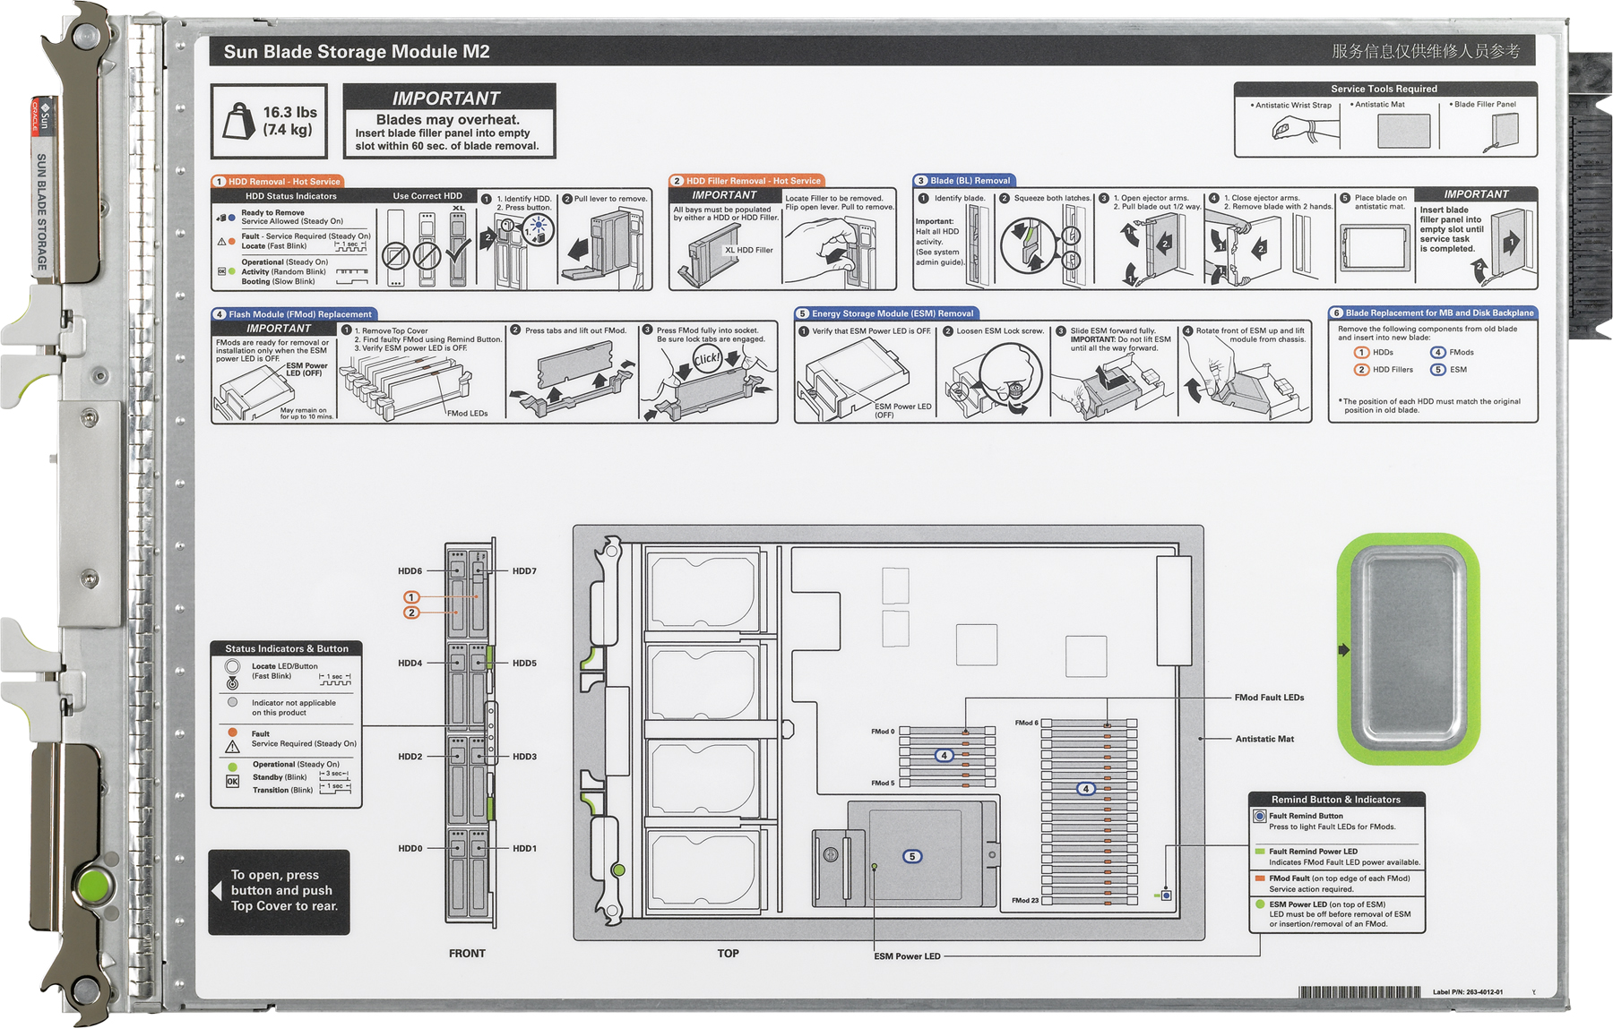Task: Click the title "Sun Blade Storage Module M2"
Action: click(356, 52)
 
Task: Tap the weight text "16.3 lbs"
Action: click(289, 113)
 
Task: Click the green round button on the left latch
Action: click(93, 887)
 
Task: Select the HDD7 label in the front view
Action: click(524, 571)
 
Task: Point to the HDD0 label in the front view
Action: click(410, 849)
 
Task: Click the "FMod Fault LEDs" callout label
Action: click(1269, 698)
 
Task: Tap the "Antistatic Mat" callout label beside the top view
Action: click(1264, 739)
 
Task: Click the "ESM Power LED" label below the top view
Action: click(907, 956)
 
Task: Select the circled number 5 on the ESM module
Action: click(912, 857)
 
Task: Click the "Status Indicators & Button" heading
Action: click(287, 648)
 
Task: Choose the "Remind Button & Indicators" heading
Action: click(1335, 800)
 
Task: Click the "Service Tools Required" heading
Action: click(1384, 89)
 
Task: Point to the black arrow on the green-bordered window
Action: click(1343, 650)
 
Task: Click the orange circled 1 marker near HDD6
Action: click(411, 597)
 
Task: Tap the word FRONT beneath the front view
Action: click(467, 954)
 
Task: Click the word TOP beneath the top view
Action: click(728, 954)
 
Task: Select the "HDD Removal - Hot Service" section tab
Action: click(277, 182)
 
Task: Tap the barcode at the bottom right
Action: click(1359, 992)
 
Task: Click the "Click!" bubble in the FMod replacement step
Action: click(706, 360)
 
